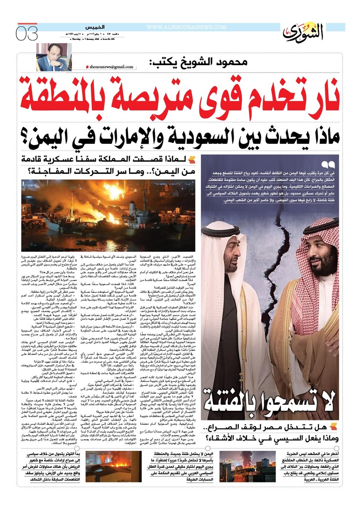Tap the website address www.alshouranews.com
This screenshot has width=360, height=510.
[187, 27]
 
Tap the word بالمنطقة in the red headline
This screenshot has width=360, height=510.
[60, 93]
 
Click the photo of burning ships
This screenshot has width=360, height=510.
[108, 215]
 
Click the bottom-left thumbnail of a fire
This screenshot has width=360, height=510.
[113, 467]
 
